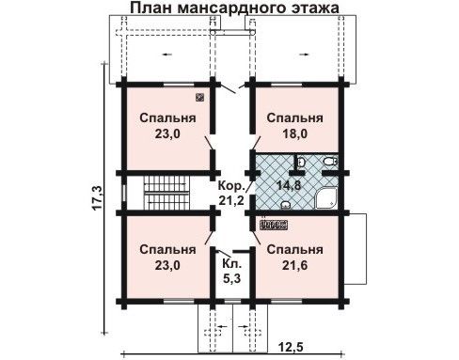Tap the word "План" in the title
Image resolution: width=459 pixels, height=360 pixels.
pyautogui.click(x=150, y=8)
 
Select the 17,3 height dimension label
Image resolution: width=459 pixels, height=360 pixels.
pyautogui.click(x=97, y=197)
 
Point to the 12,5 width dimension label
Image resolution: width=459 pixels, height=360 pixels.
pyautogui.click(x=292, y=347)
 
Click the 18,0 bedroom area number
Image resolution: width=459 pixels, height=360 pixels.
pyautogui.click(x=295, y=133)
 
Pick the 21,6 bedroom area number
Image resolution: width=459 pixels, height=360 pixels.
pyautogui.click(x=295, y=265)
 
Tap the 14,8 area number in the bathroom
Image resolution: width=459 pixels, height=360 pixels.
pyautogui.click(x=289, y=185)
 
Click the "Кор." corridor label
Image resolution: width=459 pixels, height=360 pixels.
pyautogui.click(x=231, y=186)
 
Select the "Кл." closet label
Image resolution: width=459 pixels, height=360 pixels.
pyautogui.click(x=232, y=263)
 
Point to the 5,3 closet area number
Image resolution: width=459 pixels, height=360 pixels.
pyautogui.click(x=232, y=278)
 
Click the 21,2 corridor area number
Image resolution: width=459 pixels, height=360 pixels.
pyautogui.click(x=231, y=200)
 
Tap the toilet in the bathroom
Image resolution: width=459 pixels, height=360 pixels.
pyautogui.click(x=330, y=162)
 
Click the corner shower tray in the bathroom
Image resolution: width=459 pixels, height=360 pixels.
pyautogui.click(x=325, y=198)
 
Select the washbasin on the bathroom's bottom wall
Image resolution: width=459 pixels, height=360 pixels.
pyautogui.click(x=286, y=205)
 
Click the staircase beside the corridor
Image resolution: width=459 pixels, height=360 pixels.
pyautogui.click(x=167, y=193)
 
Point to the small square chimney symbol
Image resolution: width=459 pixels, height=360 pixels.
pyautogui.click(x=199, y=98)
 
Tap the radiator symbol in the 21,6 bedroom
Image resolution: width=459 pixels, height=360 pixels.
pyautogui.click(x=274, y=225)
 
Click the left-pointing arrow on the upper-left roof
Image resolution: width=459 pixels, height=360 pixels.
pyautogui.click(x=166, y=55)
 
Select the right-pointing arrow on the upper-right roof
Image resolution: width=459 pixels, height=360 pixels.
pyautogui.click(x=304, y=55)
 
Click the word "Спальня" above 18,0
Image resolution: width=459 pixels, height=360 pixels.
pyautogui.click(x=294, y=118)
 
